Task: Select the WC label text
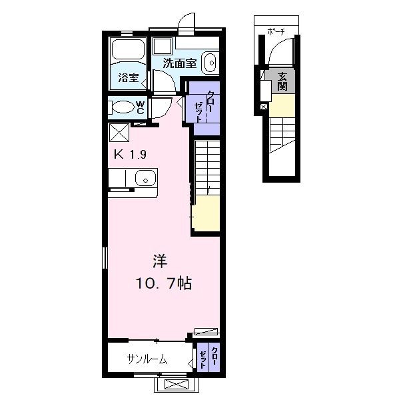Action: (141, 107)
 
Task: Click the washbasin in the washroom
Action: (210, 63)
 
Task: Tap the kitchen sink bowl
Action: (145, 179)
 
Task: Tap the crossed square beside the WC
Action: (119, 132)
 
